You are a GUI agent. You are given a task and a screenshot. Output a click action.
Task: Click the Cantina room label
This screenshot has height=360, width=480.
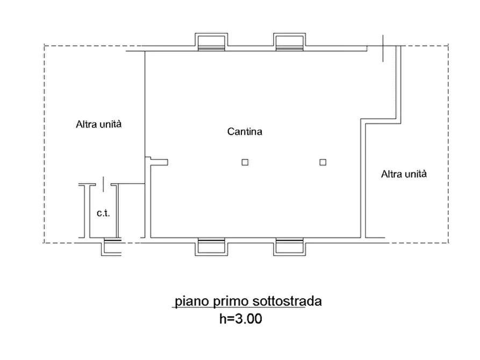click(x=245, y=132)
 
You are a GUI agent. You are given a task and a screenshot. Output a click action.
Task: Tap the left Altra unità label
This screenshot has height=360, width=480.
click(x=98, y=124)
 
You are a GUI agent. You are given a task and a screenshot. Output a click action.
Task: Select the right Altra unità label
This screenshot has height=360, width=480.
click(x=404, y=174)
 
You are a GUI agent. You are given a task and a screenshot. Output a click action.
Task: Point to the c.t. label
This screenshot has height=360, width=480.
click(x=103, y=213)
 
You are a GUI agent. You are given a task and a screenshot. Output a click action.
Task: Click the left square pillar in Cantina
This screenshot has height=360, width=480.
click(x=245, y=162)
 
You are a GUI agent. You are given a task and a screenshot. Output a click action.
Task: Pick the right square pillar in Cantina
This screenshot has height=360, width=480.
click(x=323, y=162)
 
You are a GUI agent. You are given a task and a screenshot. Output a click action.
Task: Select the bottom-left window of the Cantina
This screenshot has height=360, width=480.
click(x=211, y=247)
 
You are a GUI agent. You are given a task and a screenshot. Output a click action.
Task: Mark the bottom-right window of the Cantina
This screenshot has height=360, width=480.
click(x=289, y=247)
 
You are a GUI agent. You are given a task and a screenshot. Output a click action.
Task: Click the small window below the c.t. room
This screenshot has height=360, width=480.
click(x=111, y=247)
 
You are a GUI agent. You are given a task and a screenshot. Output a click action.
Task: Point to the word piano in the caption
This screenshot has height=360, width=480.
click(x=192, y=301)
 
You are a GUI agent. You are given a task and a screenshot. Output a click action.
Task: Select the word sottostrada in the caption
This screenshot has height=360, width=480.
click(x=287, y=301)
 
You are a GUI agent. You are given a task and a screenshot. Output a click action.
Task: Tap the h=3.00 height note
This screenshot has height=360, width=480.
click(x=241, y=319)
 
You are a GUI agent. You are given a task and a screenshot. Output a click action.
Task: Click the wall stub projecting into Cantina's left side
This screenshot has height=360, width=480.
click(x=157, y=161)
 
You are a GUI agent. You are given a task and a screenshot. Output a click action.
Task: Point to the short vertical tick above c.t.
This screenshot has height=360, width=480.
click(x=103, y=184)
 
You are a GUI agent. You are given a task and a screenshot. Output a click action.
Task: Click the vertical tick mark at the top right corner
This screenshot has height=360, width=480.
click(x=383, y=48)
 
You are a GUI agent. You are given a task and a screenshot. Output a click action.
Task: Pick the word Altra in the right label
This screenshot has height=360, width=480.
click(x=390, y=174)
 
